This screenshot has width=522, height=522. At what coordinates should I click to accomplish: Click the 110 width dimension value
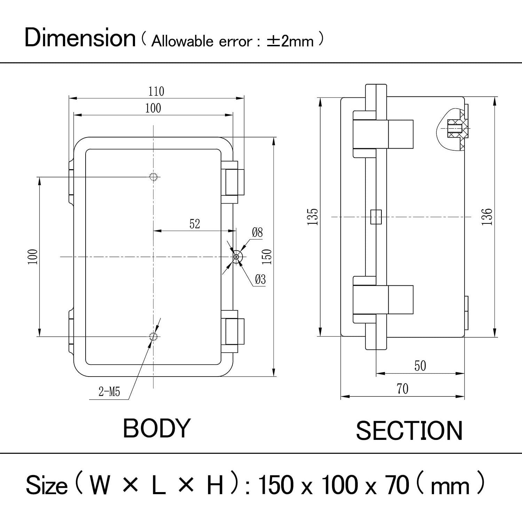point(156,92)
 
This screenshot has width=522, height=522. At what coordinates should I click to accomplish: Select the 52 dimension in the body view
point(195,224)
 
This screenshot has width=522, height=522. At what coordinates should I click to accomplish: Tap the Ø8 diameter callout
point(257,232)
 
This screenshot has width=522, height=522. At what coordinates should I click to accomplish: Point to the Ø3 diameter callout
point(260,279)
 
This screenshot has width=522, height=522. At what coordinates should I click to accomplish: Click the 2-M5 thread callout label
point(109,392)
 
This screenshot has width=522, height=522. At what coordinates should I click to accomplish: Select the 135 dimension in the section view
point(313,217)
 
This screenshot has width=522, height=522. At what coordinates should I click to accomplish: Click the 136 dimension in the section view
point(487,216)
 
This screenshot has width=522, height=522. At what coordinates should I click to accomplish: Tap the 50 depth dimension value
point(420,366)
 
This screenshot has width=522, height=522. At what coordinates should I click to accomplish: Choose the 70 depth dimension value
point(402,389)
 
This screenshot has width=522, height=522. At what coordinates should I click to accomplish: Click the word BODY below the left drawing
point(157,428)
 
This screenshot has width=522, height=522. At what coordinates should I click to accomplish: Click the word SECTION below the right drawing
point(409,431)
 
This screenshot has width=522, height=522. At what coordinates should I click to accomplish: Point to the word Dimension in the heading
point(80,38)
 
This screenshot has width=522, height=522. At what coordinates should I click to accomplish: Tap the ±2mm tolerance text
point(290,41)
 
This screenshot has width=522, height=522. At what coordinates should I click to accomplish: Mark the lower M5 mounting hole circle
point(153,337)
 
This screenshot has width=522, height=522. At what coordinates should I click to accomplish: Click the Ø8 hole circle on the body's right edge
point(237,257)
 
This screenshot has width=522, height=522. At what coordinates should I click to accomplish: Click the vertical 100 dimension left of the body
point(33,257)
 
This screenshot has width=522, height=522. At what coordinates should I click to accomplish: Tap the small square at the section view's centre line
point(376,217)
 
